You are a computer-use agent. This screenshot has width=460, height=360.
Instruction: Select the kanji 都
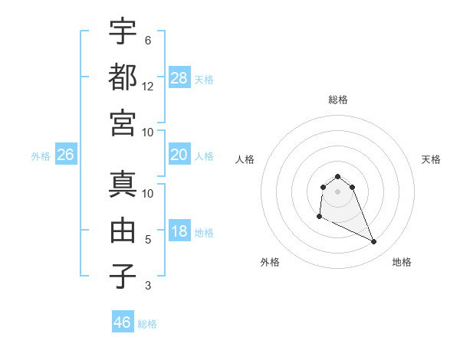123,77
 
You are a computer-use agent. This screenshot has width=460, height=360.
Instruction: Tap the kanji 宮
123,123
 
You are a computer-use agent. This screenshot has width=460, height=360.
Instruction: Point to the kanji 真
123,184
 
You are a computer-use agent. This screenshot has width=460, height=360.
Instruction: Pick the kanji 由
123,230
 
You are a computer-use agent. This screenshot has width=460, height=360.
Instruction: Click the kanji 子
123,277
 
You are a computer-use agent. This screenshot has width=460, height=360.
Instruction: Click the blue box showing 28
179,77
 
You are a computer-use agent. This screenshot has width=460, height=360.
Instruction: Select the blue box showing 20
179,155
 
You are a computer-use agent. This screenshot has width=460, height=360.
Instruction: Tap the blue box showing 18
179,231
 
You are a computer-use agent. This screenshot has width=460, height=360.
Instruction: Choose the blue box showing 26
65,155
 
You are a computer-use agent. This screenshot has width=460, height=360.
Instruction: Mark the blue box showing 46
123,322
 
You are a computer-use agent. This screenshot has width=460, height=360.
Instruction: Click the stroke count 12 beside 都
148,87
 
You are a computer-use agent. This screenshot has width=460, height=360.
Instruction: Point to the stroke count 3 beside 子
148,286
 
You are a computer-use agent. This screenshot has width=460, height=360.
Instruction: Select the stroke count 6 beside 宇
148,40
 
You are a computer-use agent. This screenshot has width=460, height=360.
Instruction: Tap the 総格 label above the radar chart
338,100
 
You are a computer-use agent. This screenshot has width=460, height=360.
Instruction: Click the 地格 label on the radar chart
402,263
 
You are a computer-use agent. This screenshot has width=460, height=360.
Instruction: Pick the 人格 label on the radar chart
245,159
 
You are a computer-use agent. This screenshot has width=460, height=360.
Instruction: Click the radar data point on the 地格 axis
374,242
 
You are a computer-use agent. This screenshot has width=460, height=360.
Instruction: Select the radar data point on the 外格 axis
319,217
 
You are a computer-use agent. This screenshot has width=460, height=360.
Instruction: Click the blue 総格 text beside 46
147,323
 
